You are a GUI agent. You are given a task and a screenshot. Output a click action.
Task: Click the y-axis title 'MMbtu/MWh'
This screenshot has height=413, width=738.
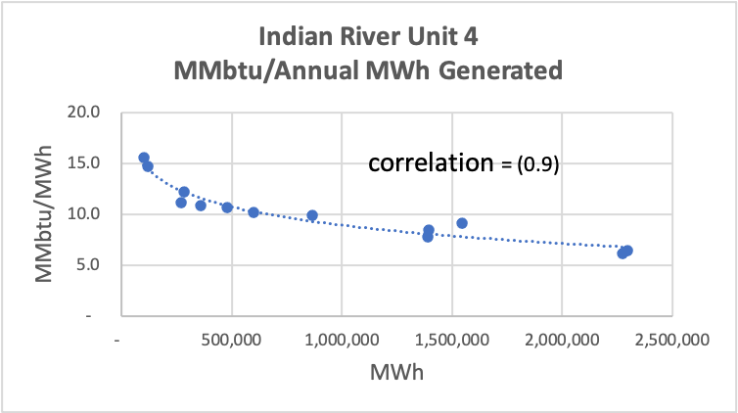45,213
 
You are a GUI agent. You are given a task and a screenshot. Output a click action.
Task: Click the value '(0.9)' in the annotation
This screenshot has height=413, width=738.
536,165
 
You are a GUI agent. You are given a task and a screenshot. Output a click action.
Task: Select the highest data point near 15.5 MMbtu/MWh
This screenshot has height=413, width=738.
144,158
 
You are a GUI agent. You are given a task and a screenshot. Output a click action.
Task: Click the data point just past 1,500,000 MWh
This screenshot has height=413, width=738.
462,223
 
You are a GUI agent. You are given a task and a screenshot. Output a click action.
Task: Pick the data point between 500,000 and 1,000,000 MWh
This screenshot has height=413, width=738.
312,215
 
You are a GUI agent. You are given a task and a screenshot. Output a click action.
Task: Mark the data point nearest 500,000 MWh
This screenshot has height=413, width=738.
227,207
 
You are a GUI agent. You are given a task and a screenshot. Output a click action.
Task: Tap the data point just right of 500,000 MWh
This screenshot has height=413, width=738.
254,212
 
